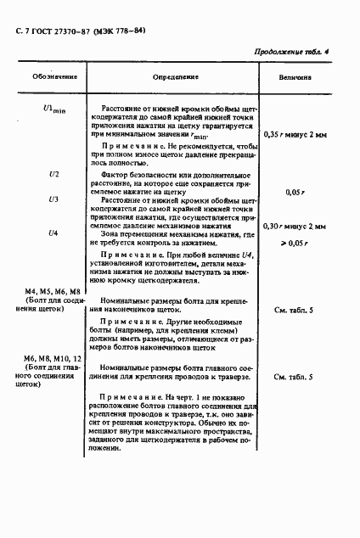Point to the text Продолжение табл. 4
click(290, 53)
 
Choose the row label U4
click(53, 233)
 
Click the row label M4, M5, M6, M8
click(51, 291)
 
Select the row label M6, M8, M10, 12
click(52, 360)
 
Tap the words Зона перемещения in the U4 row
click(139, 233)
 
